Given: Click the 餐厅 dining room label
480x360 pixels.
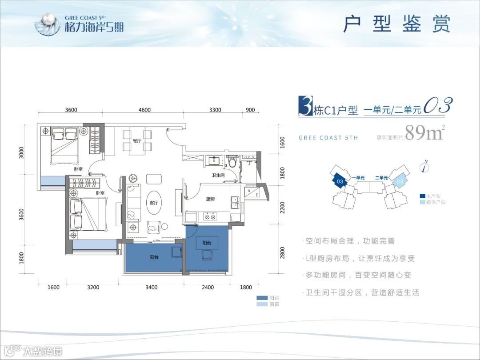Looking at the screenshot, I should [x=136, y=140].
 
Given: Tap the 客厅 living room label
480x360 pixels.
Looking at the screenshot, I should [x=154, y=203].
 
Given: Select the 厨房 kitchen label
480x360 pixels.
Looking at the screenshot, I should [x=211, y=200].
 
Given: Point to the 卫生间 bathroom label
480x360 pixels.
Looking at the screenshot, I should [x=218, y=175].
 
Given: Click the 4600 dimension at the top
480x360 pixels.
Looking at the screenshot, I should [x=144, y=110].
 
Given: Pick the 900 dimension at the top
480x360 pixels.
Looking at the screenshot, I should [x=250, y=110].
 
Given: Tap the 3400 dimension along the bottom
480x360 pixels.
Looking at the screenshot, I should [x=151, y=288].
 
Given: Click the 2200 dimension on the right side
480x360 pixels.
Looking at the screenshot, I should [x=282, y=207].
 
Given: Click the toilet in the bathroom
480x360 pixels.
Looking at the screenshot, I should [x=232, y=162].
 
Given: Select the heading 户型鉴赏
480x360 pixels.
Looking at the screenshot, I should [x=396, y=24].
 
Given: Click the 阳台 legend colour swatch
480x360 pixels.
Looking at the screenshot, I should [x=262, y=298].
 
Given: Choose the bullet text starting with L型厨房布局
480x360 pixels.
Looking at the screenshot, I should [x=360, y=258].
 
